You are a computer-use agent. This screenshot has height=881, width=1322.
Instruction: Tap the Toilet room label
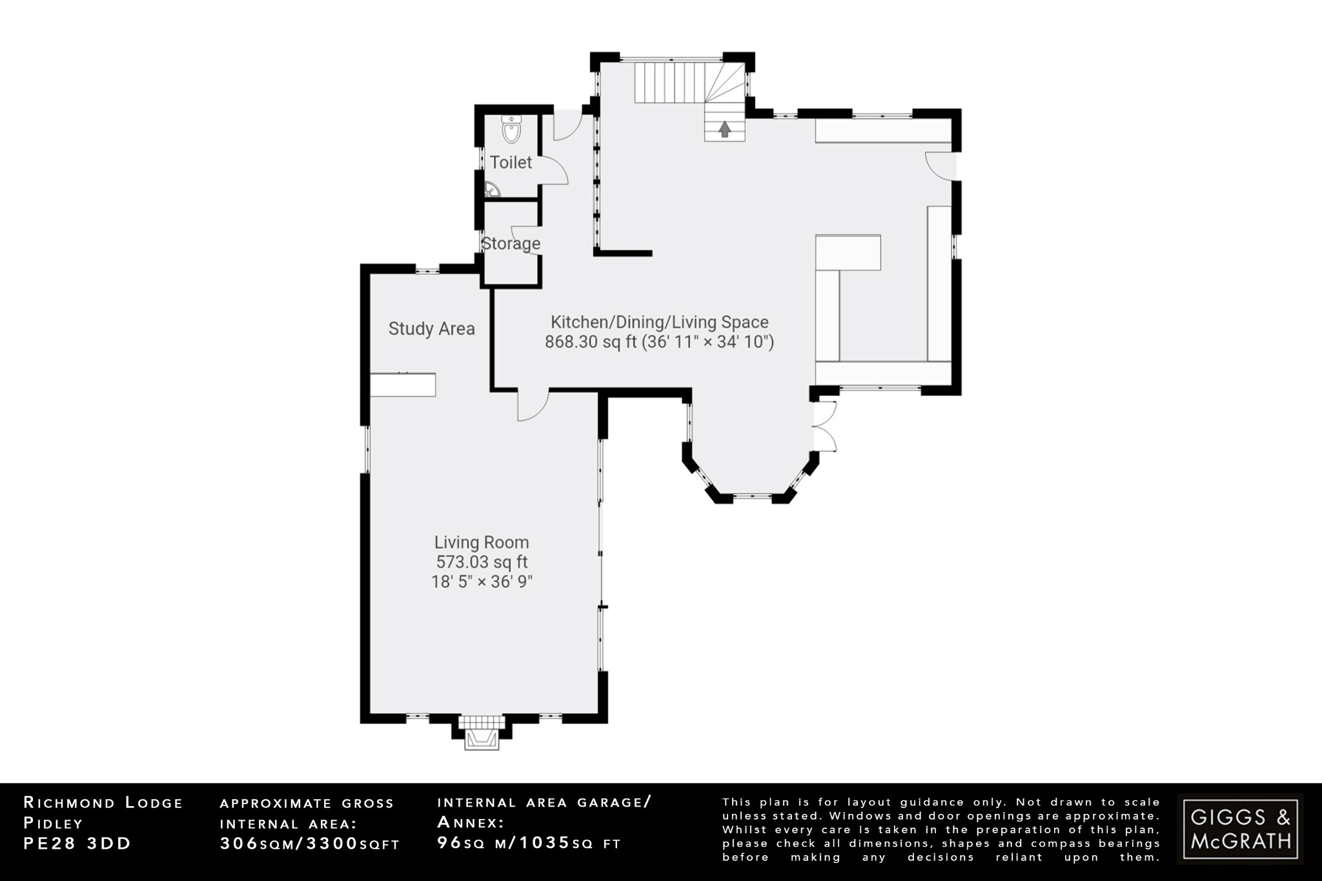click(x=511, y=163)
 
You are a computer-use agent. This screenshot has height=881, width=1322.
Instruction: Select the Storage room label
click(x=511, y=244)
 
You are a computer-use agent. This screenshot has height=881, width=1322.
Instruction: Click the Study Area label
click(x=431, y=329)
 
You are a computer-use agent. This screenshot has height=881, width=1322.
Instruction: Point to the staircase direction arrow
click(x=724, y=129)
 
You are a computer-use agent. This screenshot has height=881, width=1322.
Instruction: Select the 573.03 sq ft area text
click(x=482, y=562)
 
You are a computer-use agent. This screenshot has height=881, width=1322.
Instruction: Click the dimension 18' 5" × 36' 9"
click(x=482, y=582)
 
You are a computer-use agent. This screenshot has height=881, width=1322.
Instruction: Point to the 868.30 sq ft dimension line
click(x=659, y=342)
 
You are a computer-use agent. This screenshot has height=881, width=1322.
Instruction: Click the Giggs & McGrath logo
click(x=1240, y=829)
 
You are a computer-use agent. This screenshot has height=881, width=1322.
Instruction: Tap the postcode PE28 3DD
click(x=77, y=844)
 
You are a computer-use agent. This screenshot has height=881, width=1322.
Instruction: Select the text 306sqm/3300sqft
click(x=310, y=844)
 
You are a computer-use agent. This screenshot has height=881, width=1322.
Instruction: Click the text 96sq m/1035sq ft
click(x=529, y=843)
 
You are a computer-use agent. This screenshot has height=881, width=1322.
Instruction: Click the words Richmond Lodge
click(x=103, y=803)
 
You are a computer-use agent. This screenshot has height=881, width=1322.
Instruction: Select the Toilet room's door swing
click(x=554, y=171)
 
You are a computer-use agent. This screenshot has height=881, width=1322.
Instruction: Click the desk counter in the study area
click(x=403, y=385)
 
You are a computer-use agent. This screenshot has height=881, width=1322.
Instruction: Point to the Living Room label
click(x=482, y=542)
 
